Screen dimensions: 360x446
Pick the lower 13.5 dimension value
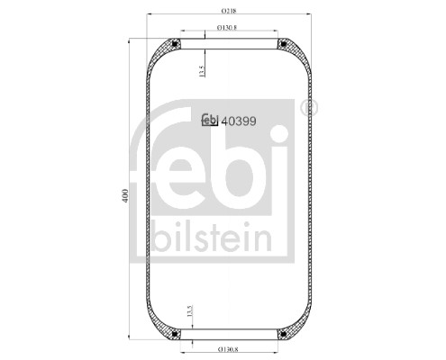[x=188, y=312]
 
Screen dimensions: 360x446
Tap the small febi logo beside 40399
[x=211, y=120]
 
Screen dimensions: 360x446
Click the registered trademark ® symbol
[x=312, y=106]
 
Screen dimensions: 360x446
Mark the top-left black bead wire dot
[x=177, y=43]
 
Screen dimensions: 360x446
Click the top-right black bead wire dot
[x=284, y=43]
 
